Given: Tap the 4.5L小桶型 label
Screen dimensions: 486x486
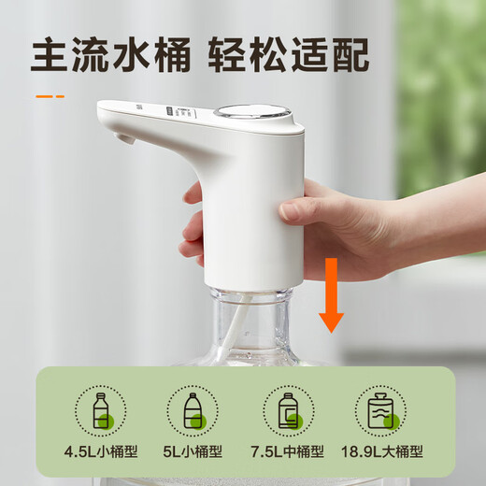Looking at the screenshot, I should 102,451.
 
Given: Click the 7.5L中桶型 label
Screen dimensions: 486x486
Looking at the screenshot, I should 288,451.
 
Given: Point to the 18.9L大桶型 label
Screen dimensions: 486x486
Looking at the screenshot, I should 383,451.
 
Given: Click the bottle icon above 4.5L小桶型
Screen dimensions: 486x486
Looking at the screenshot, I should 102,410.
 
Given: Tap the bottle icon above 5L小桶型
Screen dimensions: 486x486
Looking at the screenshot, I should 193,410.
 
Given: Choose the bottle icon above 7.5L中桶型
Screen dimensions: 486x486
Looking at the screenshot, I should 289,410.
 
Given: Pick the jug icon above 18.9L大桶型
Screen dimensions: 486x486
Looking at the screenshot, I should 381,410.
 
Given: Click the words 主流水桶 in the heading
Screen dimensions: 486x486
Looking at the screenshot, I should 107,56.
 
